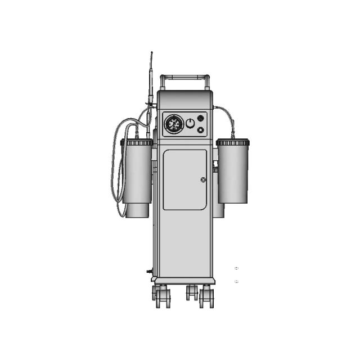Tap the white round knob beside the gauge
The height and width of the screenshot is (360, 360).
coord(190,123)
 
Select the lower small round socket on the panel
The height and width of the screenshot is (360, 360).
coord(200,130)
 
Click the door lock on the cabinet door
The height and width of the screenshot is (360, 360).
coord(203,179)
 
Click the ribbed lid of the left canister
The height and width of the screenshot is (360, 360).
coord(137,143)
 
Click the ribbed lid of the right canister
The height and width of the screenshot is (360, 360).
coord(233,143)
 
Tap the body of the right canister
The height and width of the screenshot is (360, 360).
coord(233,174)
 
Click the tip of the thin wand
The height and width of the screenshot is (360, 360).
coord(151,53)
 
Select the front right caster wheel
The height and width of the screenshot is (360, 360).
coord(206,296)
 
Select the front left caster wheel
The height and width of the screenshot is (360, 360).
coord(161,296)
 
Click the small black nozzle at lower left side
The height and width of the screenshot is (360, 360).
coord(148,271)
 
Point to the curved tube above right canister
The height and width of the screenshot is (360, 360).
coord(227,115)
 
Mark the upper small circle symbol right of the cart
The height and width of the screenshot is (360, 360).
coord(236,268)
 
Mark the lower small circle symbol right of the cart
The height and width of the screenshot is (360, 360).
coord(236,281)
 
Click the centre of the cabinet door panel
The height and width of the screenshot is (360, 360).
coord(184,179)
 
